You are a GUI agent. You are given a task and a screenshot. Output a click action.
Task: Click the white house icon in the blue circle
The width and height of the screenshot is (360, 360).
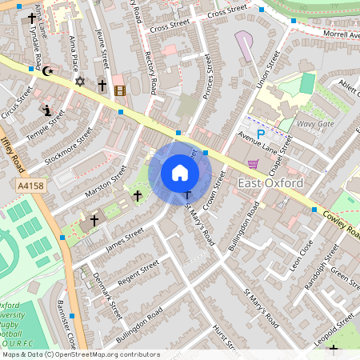click(180, 173)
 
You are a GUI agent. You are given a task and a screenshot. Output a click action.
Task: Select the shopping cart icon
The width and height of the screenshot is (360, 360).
click(254, 164)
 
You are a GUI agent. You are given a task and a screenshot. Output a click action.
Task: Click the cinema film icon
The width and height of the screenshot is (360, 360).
click(120, 90)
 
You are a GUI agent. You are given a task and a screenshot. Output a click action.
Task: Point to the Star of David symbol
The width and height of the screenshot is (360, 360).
click(78, 81)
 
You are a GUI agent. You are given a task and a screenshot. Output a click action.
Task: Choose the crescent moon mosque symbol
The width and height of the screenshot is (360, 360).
click(47, 71)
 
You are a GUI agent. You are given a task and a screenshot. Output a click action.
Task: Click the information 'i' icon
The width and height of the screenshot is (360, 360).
click(47, 110)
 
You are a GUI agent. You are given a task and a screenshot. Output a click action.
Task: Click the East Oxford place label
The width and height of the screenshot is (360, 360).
click(270, 184)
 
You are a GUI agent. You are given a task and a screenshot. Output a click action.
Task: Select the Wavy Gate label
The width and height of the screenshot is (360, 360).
click(315, 124)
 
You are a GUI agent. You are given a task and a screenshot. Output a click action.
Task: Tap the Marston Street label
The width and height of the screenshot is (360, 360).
click(105, 185)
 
